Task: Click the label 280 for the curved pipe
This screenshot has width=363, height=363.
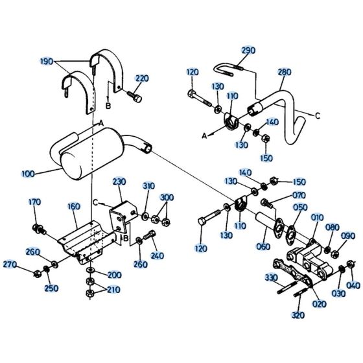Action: point(285,73)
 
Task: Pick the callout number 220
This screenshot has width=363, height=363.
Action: point(142,78)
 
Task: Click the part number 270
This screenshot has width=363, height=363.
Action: point(9,264)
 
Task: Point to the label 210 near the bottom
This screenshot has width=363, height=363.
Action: point(114,289)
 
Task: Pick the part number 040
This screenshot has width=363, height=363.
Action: point(353,285)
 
